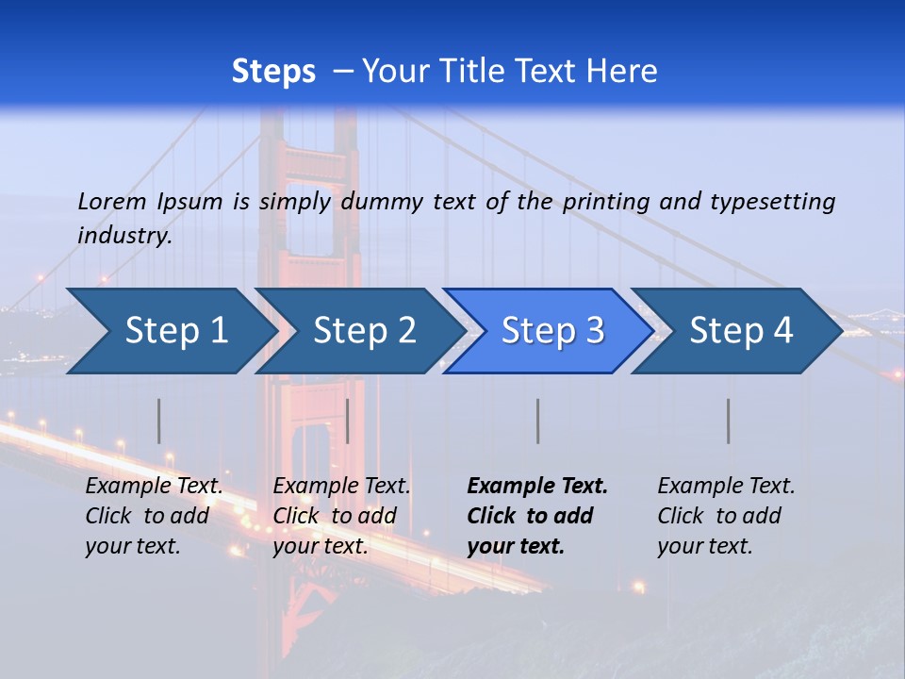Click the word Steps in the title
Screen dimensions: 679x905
pos(273,72)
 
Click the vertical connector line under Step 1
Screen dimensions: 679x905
pos(159,421)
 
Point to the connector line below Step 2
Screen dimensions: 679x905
pos(348,421)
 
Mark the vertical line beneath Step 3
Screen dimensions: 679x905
pos(537,421)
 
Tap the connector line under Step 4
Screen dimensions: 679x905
pos(728,421)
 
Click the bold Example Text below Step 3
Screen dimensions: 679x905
pos(537,516)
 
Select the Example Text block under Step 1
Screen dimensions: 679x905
pos(155,516)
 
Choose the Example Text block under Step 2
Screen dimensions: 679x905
pos(342,516)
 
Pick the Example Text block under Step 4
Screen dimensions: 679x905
pos(726,516)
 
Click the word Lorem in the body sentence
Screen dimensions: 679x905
pos(112,202)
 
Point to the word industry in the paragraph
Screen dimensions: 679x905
pos(124,236)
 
